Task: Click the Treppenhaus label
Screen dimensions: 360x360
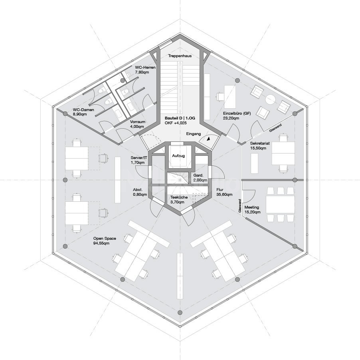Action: point(180,56)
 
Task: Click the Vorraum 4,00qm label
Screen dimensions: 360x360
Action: point(137,124)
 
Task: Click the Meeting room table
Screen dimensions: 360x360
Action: point(280,204)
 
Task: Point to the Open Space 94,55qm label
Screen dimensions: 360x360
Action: point(105,241)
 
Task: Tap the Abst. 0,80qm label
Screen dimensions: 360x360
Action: point(140,192)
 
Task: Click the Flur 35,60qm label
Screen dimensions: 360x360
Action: point(222,192)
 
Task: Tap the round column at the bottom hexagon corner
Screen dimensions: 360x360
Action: point(180,312)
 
